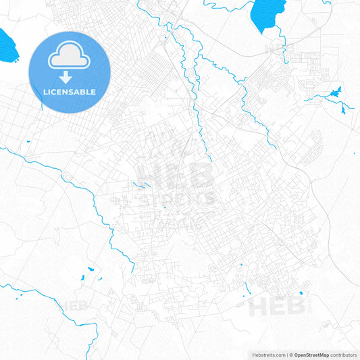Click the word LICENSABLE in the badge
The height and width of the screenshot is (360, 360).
[x=69, y=92]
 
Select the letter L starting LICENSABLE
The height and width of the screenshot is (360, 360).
[x=44, y=92]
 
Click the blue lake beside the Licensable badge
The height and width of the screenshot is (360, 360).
[x=8, y=45]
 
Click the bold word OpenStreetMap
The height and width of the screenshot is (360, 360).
[x=311, y=355]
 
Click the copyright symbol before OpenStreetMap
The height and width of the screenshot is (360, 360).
[x=291, y=355]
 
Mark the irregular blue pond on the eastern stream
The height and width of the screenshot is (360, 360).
[x=336, y=92]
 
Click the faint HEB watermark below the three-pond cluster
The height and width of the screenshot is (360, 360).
[x=75, y=305]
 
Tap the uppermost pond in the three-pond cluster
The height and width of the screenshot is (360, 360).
[x=91, y=269]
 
